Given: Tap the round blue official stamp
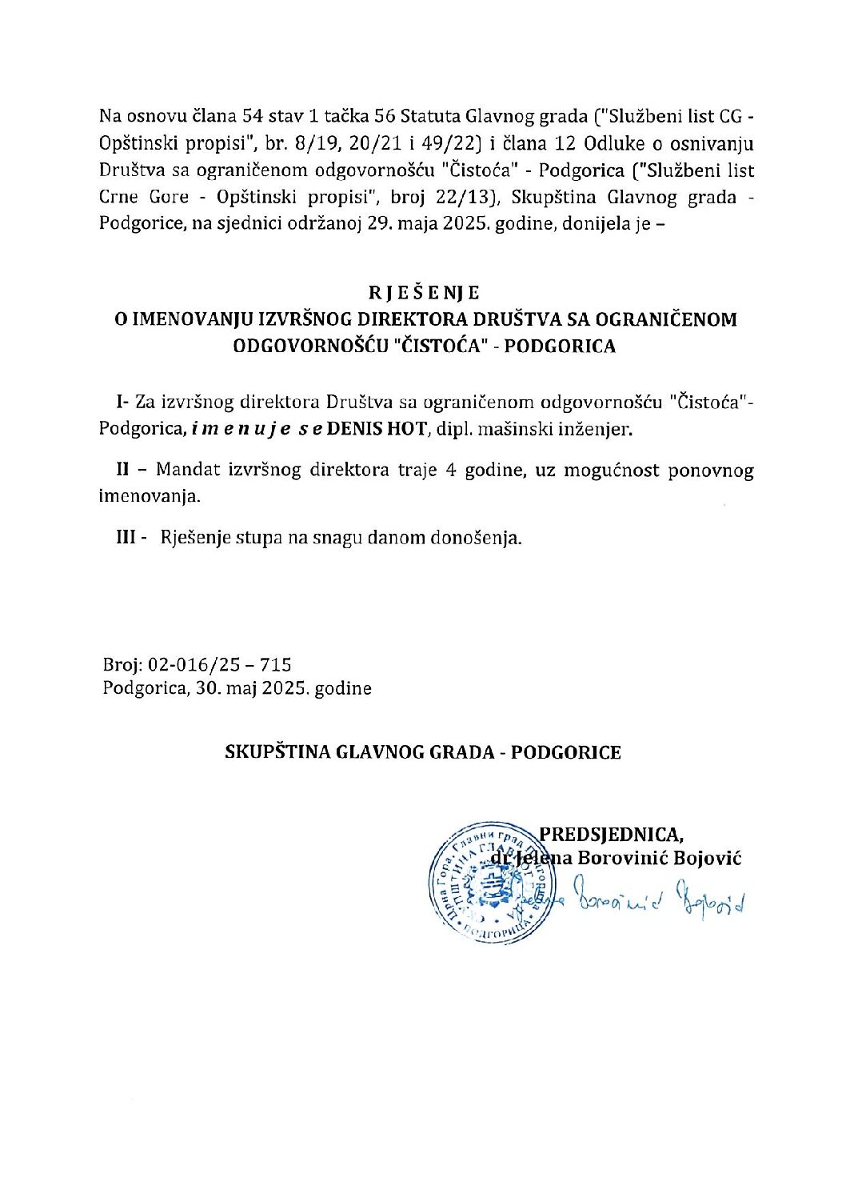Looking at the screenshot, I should click(486, 883).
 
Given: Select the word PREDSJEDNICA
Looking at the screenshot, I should click(610, 834).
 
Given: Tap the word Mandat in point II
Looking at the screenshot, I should click(186, 470).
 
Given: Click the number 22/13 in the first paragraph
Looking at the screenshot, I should click(465, 197).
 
